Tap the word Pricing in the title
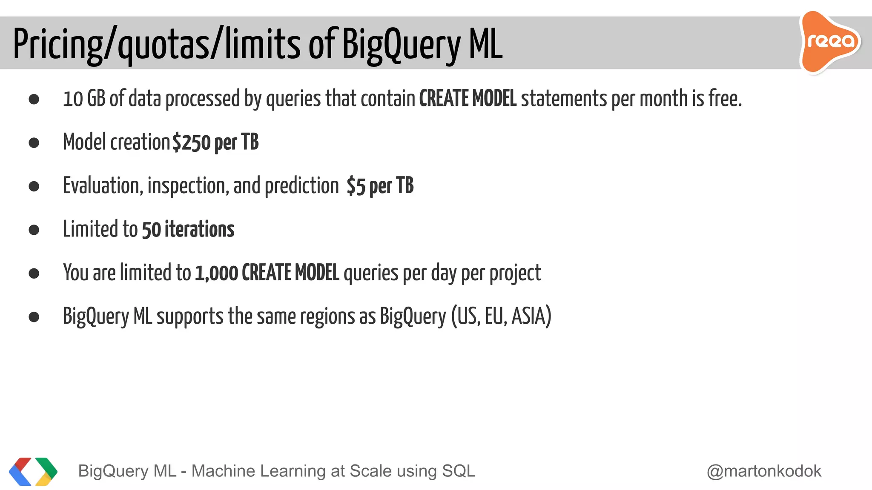(58, 45)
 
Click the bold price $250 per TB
(215, 142)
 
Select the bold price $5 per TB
(380, 186)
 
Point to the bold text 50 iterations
(188, 230)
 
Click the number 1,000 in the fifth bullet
(216, 273)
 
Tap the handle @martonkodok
(764, 471)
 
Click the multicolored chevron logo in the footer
(33, 471)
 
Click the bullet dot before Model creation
(34, 142)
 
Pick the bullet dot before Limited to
(34, 230)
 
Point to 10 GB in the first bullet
(84, 99)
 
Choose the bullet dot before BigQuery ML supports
(34, 317)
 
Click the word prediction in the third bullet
(301, 186)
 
